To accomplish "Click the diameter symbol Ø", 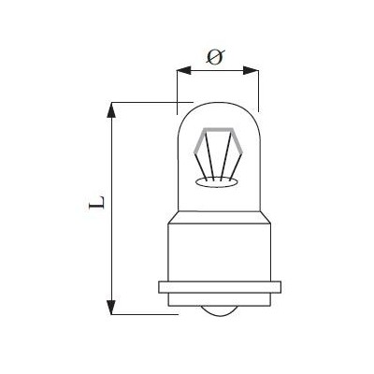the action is (215, 57).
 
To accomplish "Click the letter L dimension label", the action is (96, 202).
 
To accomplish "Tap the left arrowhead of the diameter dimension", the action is (183, 70).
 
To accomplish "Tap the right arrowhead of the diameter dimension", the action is (251, 70).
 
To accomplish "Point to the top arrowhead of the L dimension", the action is (111, 110).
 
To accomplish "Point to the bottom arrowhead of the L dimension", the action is (111, 307).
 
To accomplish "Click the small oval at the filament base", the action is (216, 182).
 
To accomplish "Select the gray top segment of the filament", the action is (218, 129).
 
